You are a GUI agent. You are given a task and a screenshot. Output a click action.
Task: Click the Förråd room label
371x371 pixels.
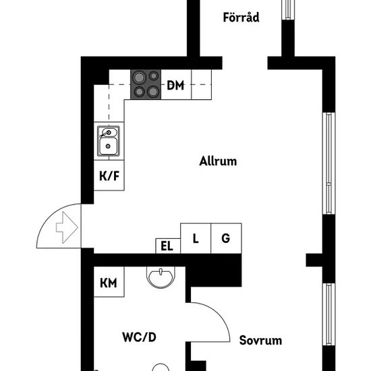[x=241, y=18]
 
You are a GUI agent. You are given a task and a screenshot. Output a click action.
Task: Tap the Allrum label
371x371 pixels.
[x=218, y=161]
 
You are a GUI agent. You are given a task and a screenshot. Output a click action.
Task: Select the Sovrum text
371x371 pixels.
[x=260, y=341]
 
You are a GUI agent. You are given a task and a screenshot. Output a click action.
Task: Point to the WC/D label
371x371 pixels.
[x=139, y=337]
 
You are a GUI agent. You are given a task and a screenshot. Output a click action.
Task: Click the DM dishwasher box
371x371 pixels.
[x=176, y=84]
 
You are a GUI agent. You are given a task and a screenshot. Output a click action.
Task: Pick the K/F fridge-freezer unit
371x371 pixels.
[x=109, y=175]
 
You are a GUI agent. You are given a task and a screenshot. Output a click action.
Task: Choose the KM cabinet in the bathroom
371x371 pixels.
[x=109, y=281]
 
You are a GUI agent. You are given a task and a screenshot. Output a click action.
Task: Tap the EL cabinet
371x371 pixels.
[x=168, y=246]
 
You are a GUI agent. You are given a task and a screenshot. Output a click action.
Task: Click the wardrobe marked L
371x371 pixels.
[x=196, y=238]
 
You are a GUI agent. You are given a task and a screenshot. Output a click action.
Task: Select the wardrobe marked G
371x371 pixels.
[x=226, y=238]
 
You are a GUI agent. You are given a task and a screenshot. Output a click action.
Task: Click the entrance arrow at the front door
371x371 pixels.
[x=67, y=227]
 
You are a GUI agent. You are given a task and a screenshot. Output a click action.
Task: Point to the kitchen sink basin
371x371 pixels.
[x=108, y=146]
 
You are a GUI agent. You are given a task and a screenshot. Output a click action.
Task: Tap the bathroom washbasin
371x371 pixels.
[x=161, y=277]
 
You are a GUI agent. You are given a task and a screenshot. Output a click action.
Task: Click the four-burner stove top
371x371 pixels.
[x=146, y=84]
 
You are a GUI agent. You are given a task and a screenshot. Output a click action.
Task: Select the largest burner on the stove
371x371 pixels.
[x=139, y=78]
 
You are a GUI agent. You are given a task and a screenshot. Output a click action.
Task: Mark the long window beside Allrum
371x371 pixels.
[x=329, y=163]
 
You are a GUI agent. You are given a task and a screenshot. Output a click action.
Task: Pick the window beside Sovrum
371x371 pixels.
[x=329, y=314]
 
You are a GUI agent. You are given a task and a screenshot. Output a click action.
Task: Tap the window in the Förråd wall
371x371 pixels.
[x=288, y=9]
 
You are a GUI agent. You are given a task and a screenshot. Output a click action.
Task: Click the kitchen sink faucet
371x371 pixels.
[x=106, y=134]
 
